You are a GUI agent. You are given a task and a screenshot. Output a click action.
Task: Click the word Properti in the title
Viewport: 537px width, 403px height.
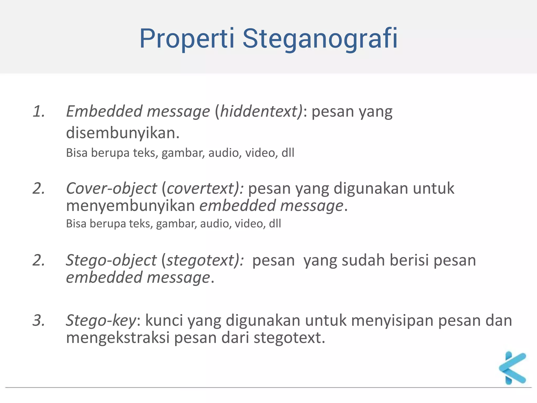(187, 39)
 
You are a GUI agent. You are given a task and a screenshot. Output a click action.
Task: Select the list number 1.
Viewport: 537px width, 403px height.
(39, 111)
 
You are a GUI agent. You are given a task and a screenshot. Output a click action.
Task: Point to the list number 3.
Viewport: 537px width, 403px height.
(39, 320)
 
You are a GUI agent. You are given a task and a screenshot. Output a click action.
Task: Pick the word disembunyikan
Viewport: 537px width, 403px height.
(122, 133)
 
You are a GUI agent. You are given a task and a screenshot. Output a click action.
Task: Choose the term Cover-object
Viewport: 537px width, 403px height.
(111, 188)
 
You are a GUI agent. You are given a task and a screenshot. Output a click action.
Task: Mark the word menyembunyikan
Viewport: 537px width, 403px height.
(130, 205)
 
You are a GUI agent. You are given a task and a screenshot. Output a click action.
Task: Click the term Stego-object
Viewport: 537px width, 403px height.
(111, 260)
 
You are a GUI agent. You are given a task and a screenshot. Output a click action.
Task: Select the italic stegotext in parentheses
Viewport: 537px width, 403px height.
(201, 260)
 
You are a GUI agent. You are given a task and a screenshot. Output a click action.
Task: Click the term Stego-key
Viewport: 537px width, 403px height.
(101, 320)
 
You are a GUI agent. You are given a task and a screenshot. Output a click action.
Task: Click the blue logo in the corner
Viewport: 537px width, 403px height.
(512, 368)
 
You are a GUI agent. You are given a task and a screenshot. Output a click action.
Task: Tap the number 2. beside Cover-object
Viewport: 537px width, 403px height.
(39, 188)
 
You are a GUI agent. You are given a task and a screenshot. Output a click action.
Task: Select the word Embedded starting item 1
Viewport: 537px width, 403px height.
(104, 111)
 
